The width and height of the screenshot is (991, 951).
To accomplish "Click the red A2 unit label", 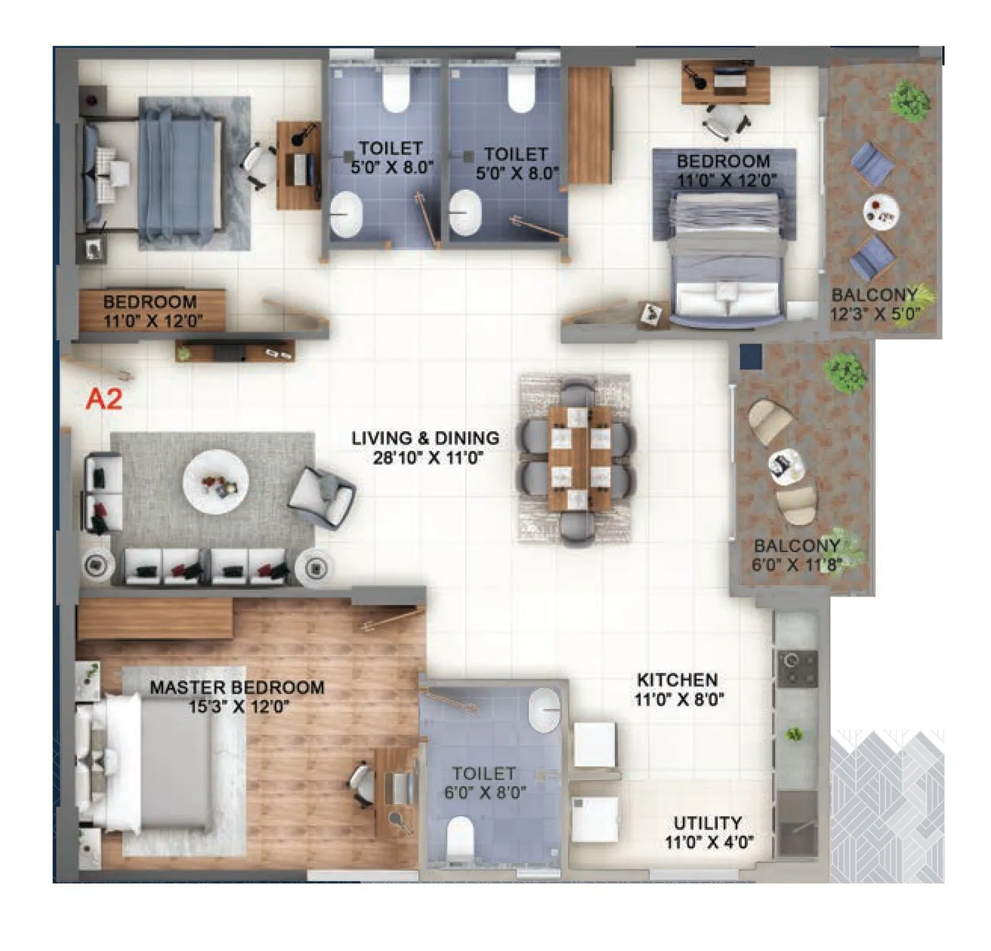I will [104, 400].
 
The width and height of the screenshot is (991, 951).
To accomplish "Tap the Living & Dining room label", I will [426, 447].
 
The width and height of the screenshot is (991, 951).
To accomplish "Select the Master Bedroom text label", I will [237, 696].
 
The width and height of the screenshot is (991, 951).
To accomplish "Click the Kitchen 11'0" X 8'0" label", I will [678, 689].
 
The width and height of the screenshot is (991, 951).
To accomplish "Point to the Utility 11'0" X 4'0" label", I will [708, 832].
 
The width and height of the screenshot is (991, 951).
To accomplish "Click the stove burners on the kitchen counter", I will [797, 669].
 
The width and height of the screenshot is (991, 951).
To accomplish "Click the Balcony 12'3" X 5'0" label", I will [875, 304].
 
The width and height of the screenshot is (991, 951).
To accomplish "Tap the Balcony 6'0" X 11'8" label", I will [797, 555].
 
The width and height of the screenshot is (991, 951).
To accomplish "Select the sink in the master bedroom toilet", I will [544, 709].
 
